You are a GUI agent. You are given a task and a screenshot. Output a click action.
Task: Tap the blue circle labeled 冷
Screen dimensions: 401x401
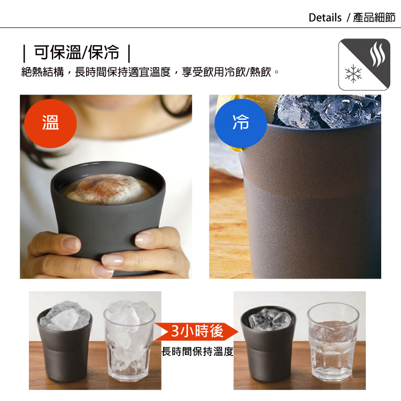(240, 122)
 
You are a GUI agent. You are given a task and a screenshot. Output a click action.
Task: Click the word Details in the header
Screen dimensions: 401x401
(325, 18)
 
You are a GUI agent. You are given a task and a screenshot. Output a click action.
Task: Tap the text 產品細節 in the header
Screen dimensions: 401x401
(374, 18)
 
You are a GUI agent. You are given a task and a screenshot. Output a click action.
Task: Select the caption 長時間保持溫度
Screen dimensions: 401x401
(197, 351)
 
